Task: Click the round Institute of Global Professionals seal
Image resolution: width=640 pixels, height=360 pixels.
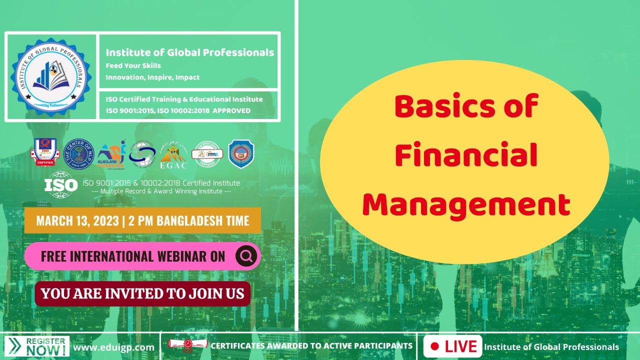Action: pos(50,76)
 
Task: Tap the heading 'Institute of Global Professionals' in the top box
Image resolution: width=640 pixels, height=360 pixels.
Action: pos(189,52)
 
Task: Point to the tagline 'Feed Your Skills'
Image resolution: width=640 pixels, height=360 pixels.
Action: pos(133,65)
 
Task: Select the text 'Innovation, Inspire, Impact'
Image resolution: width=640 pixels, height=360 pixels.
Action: pos(152,77)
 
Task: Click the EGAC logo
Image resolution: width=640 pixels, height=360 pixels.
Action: pos(173,154)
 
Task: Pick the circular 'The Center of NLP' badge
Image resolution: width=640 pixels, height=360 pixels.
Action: pos(79,153)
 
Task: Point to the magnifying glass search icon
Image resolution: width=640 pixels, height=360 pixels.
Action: pos(246,256)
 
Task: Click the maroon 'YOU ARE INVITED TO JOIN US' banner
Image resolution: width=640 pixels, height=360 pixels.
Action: pos(142,293)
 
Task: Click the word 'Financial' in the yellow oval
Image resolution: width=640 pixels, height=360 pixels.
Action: pos(465,155)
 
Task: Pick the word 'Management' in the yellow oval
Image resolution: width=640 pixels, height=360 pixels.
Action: pos(466,204)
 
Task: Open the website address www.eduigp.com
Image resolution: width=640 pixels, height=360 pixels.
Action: pos(113,347)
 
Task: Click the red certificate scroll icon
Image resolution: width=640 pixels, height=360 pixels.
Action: pos(187,345)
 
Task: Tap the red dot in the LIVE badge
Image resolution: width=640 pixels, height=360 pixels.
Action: pos(434,346)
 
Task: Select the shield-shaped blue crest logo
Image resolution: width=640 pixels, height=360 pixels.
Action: pos(241,153)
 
